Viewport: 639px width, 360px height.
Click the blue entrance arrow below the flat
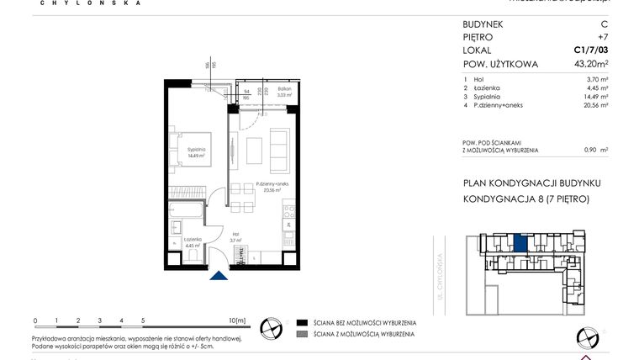[x=219, y=276]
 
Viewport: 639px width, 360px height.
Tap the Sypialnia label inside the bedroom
[x=197, y=154]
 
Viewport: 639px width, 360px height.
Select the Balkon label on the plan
[x=284, y=91]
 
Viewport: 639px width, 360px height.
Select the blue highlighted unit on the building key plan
[x=521, y=244]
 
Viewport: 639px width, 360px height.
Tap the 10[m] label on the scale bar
[x=238, y=320]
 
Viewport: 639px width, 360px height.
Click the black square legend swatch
[x=301, y=322]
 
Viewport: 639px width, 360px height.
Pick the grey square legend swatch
[x=301, y=335]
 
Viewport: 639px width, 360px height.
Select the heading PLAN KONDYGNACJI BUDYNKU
[x=531, y=183]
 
